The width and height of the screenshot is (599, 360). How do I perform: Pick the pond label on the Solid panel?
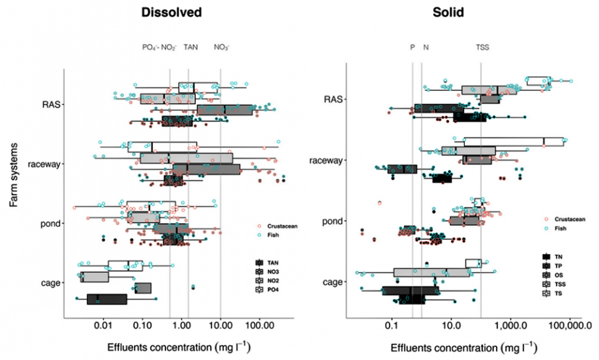coord(329,221)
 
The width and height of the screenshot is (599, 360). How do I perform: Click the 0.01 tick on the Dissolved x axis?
coord(103,325)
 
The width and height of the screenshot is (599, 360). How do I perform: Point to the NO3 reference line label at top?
coord(222,47)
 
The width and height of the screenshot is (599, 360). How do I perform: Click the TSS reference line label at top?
coord(483,47)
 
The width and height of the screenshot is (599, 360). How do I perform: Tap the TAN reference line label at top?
coord(190,47)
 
